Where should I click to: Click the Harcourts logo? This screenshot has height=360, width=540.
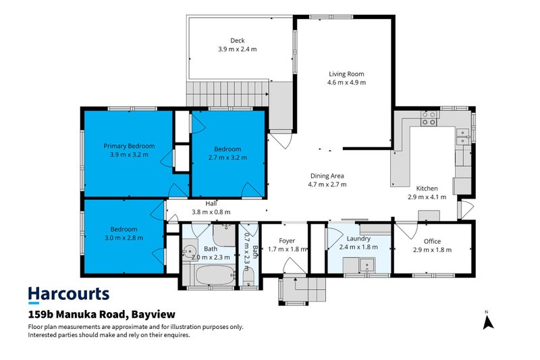coord(68,294)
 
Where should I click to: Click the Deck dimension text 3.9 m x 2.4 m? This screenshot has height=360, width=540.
coord(237,49)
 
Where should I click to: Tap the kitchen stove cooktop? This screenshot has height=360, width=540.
coord(429,119)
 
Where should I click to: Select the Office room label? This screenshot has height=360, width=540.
coord(432,241)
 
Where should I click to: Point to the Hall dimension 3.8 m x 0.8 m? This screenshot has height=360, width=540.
coord(211,211)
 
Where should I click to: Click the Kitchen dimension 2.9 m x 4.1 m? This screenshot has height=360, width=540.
coord(427,197)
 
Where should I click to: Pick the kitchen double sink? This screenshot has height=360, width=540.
coord(463,137)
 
